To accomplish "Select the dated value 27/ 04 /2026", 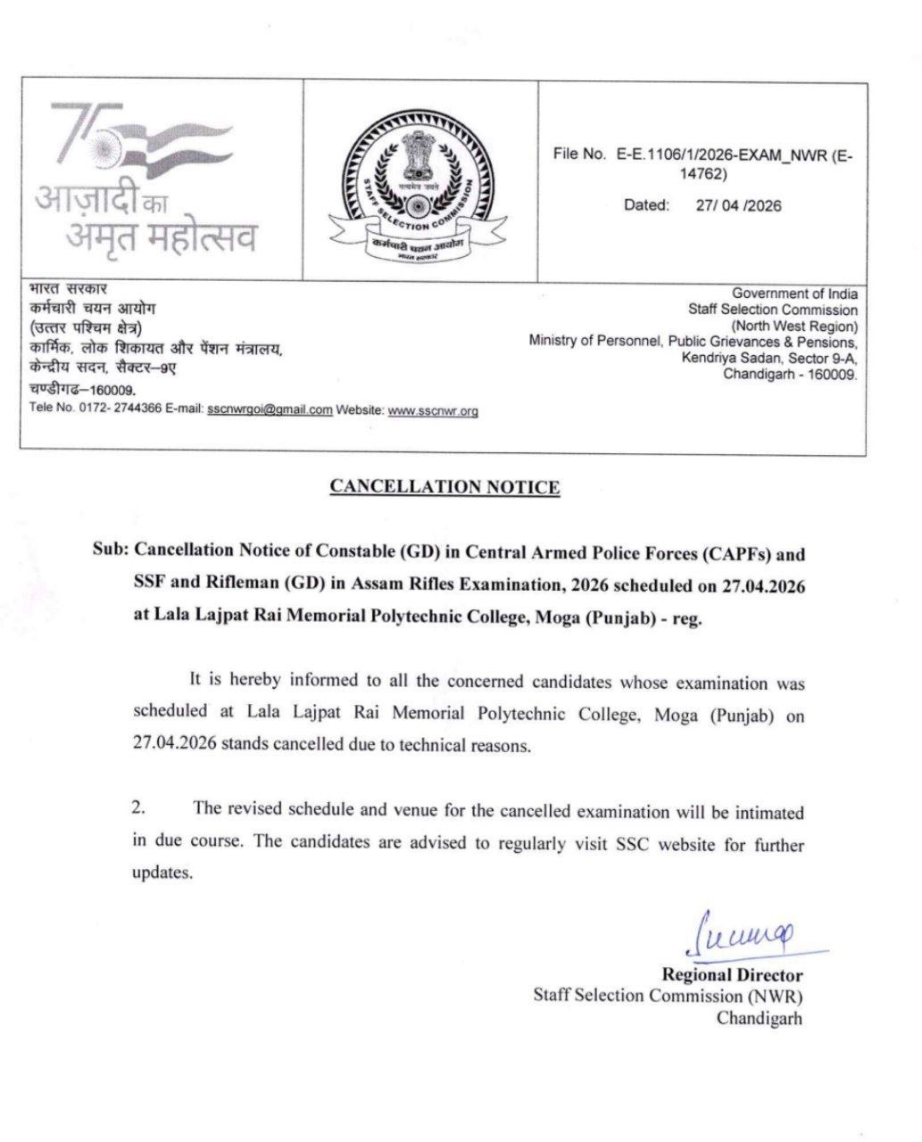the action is [x=738, y=205].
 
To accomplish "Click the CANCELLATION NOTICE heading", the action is [x=444, y=487].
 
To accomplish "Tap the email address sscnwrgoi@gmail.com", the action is [x=270, y=410].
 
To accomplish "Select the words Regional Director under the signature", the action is [x=731, y=975].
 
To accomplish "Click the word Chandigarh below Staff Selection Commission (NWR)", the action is [x=760, y=1017].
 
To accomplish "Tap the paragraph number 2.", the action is [x=139, y=809].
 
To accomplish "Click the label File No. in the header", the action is [x=579, y=154].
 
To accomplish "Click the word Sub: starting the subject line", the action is [x=112, y=553].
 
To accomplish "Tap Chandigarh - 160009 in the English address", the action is [x=790, y=375].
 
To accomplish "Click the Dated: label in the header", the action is [x=646, y=205].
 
